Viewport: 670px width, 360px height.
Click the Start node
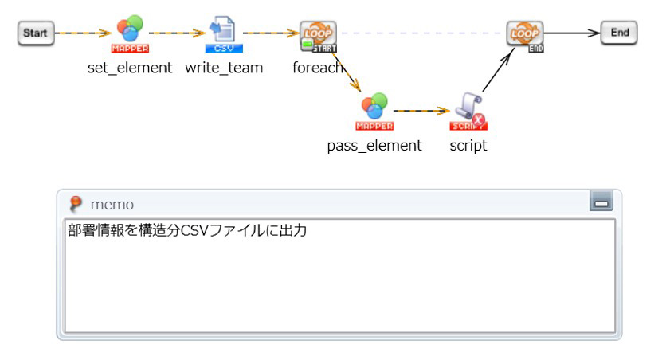[35, 33]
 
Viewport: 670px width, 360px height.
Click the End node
[619, 33]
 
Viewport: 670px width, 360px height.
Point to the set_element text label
[130, 68]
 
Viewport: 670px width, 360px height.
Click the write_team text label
[224, 68]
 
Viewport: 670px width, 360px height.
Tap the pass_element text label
[374, 146]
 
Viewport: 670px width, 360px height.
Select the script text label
[468, 146]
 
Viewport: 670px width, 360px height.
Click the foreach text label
[317, 68]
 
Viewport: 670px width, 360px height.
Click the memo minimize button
[601, 203]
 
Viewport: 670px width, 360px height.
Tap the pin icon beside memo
[76, 204]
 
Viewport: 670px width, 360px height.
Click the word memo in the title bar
[112, 205]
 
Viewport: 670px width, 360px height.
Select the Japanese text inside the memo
[187, 231]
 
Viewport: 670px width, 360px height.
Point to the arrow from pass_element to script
[422, 111]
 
